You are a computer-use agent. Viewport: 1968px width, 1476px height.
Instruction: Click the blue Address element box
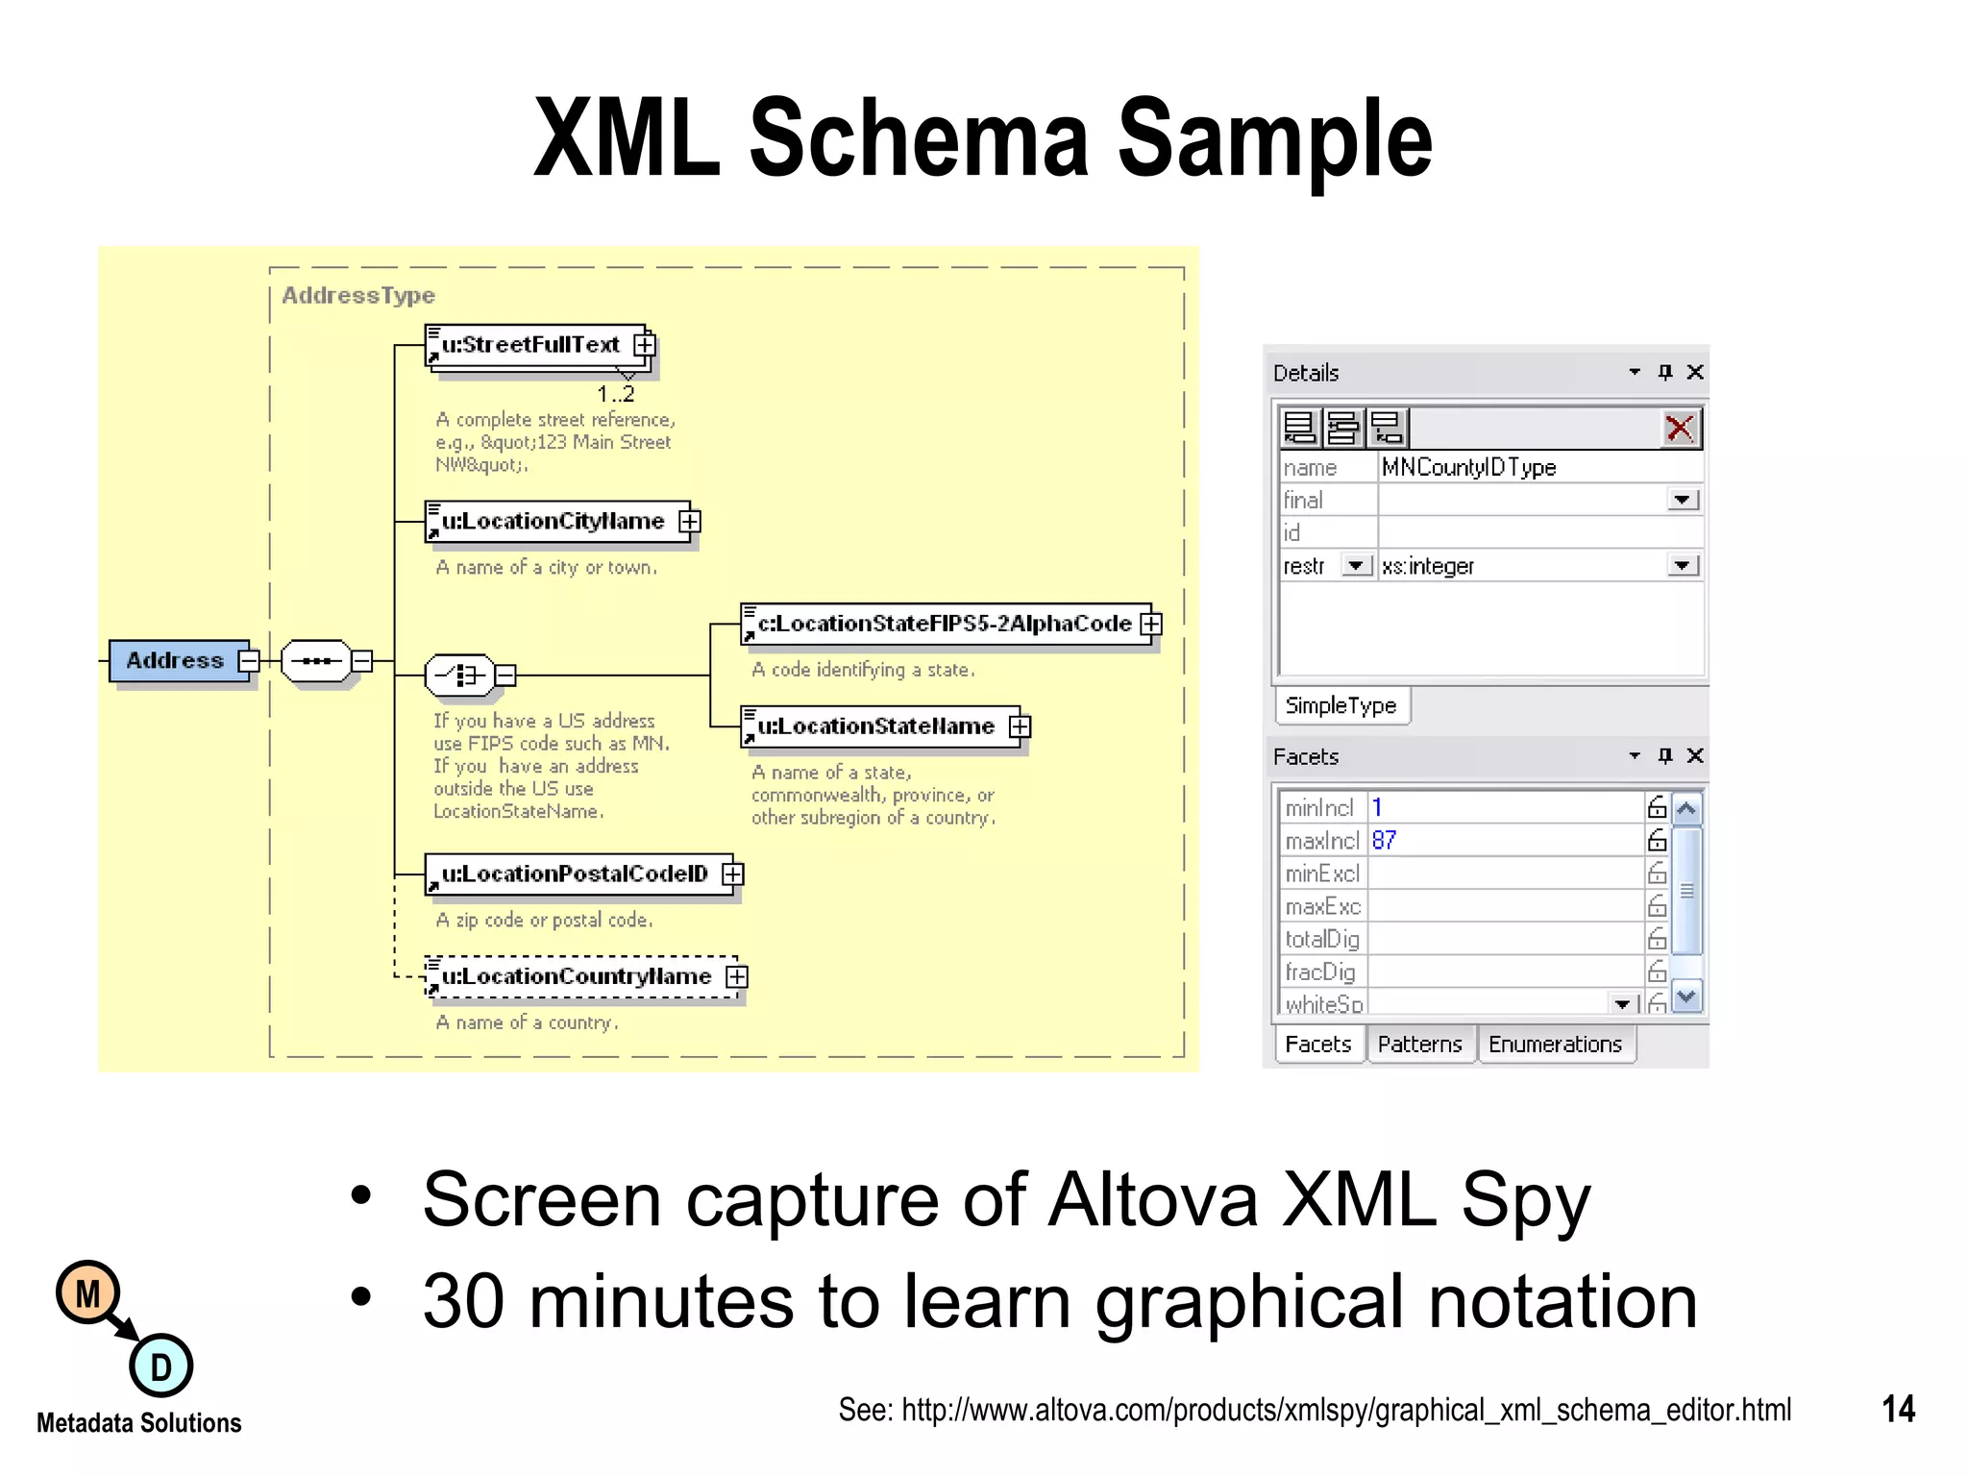[175, 661]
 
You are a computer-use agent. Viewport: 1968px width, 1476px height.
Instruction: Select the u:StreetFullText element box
[530, 345]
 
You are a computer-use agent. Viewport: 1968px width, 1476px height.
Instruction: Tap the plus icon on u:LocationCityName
[690, 521]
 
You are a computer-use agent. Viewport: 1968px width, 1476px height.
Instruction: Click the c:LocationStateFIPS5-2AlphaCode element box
[944, 625]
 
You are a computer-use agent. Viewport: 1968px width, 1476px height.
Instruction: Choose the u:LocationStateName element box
[875, 726]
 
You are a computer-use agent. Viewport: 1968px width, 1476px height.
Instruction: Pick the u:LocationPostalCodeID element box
[574, 874]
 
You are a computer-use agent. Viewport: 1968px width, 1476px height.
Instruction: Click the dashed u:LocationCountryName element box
[576, 977]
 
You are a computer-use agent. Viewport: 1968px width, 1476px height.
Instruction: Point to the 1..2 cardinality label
[616, 394]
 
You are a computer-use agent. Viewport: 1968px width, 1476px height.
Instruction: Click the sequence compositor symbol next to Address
[316, 661]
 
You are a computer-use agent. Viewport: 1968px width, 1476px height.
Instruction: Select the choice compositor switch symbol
[459, 676]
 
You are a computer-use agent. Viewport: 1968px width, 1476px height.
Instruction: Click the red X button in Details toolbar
[1680, 428]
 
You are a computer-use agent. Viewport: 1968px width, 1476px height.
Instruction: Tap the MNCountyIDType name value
[1468, 468]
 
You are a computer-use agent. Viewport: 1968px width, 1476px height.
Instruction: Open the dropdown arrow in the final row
[1682, 501]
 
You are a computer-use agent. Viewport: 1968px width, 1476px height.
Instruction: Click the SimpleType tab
[1341, 706]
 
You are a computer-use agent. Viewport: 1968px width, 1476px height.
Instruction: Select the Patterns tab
[1419, 1045]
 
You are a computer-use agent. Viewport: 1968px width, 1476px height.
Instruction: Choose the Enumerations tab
[1555, 1045]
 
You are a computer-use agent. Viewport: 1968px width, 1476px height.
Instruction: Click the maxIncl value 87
[1384, 841]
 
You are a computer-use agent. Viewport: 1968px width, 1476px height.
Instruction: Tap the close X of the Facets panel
[1695, 756]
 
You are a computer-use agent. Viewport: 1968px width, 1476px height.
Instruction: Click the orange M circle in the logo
[88, 1293]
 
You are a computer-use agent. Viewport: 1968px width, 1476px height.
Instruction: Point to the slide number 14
[1898, 1410]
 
